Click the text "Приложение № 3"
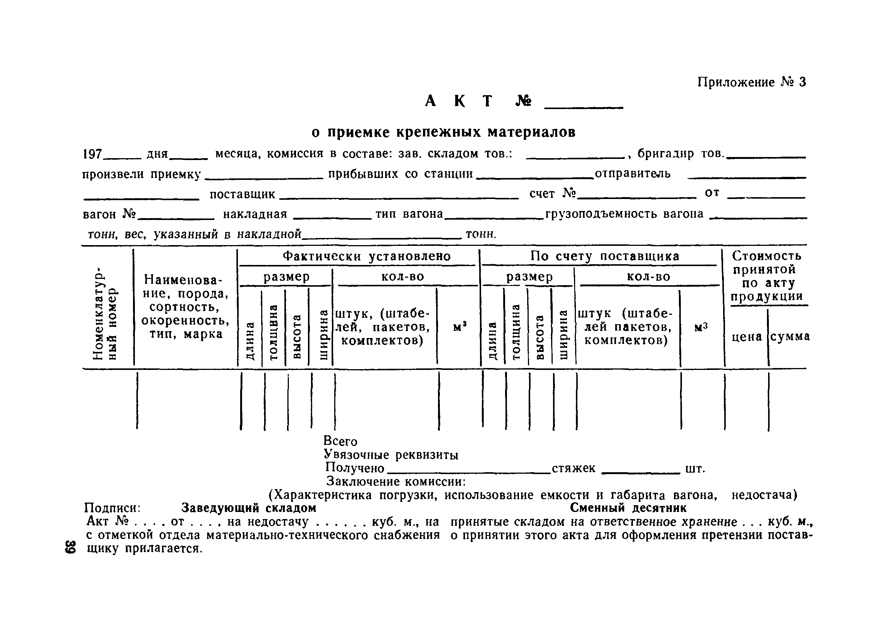tap(751, 82)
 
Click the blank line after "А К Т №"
tap(583, 105)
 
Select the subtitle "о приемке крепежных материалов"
tap(443, 133)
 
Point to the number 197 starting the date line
tap(92, 154)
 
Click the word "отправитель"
tap(632, 174)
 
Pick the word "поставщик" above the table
tap(242, 194)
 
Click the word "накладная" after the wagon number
tap(255, 214)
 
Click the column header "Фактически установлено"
tap(366, 256)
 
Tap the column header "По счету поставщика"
tap(604, 256)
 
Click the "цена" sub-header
tap(746, 337)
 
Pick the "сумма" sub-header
tap(790, 337)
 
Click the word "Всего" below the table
tap(340, 441)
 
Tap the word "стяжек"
tap(573, 468)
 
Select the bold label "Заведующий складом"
tap(248, 508)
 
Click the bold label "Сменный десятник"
tap(628, 508)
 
